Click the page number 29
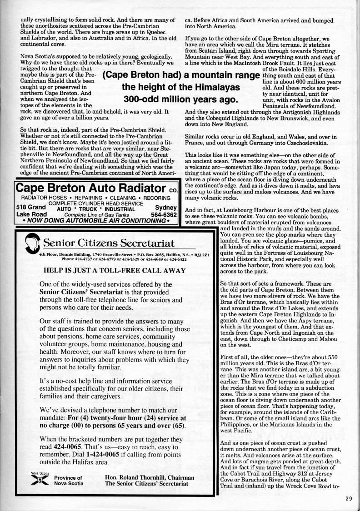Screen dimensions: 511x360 (348, 498)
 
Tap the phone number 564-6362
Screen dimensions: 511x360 (164, 214)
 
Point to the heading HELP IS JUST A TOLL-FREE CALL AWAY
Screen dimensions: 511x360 (114, 270)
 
